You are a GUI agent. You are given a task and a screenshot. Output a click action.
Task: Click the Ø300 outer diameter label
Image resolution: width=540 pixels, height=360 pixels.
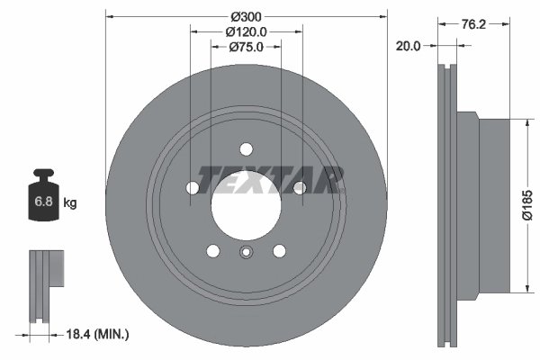coord(246,16)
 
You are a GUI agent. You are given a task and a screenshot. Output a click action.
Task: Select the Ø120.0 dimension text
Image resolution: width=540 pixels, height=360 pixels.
coord(246,31)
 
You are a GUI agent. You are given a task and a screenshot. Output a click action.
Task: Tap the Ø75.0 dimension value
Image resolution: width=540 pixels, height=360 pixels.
coord(246,47)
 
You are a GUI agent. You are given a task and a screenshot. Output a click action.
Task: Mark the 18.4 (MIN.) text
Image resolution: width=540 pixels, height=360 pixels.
coord(99,335)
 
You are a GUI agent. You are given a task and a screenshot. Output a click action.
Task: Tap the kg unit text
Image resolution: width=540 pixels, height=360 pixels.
coord(70,203)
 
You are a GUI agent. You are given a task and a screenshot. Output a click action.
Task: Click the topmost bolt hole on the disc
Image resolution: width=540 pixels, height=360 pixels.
coord(246,150)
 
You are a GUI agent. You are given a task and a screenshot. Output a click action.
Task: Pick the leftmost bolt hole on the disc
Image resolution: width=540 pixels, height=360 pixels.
coord(193,188)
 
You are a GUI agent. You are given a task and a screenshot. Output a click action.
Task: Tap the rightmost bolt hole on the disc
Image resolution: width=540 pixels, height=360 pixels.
coord(299,187)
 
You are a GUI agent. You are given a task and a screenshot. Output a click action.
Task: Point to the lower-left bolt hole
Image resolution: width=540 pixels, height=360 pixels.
coord(212,251)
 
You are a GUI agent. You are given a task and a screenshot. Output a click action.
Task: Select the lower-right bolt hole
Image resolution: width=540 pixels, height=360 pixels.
coord(279,251)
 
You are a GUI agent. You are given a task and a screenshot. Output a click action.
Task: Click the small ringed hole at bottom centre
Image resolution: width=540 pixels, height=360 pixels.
coord(245,253)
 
